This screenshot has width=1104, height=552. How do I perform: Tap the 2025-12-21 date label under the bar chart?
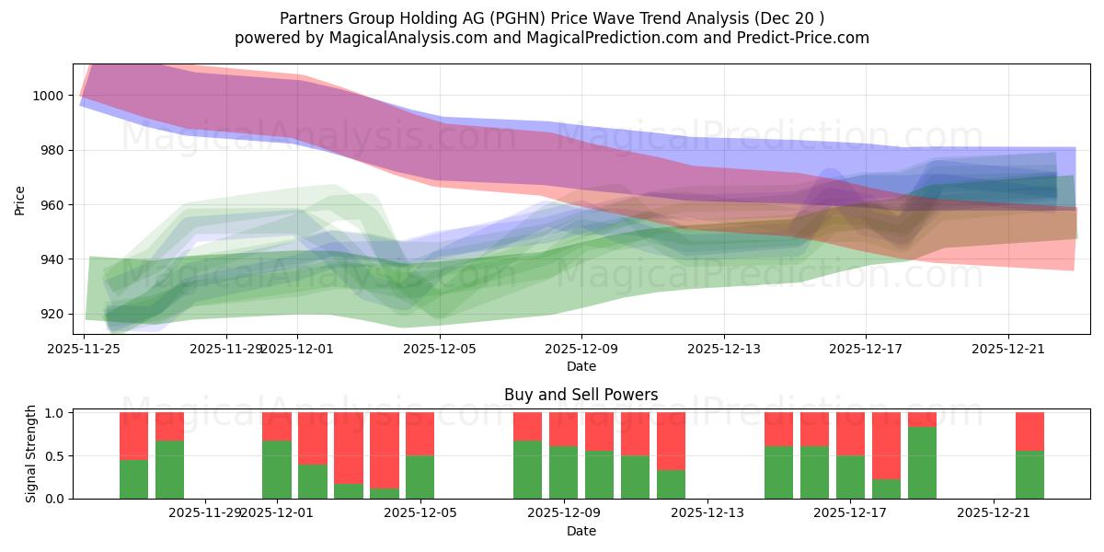994,513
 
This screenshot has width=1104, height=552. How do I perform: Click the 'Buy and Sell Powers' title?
581,395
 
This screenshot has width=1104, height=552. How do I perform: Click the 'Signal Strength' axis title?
31,454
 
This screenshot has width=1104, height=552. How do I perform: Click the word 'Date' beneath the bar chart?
581,531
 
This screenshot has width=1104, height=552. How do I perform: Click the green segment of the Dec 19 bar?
922,463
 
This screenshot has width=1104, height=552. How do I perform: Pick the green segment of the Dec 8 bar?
527,469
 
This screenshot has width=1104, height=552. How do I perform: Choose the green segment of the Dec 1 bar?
277,469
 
